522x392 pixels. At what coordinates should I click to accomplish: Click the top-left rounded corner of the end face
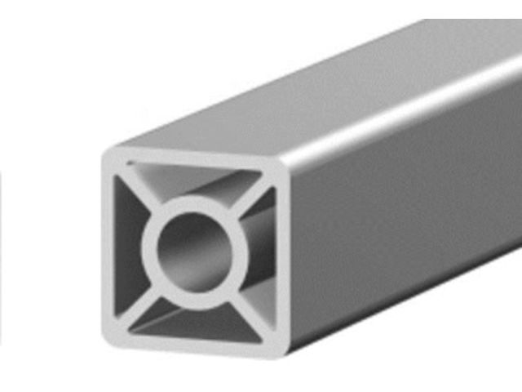(x=111, y=155)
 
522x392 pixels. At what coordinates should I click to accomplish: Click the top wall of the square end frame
(x=196, y=158)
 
